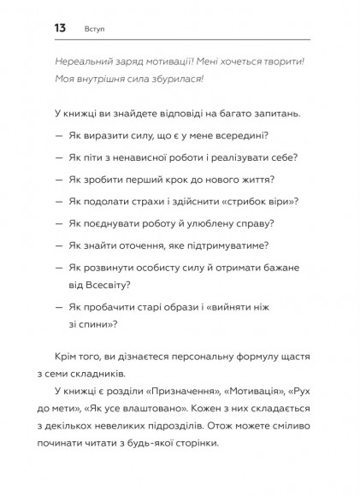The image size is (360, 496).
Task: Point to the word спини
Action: (93, 323)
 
